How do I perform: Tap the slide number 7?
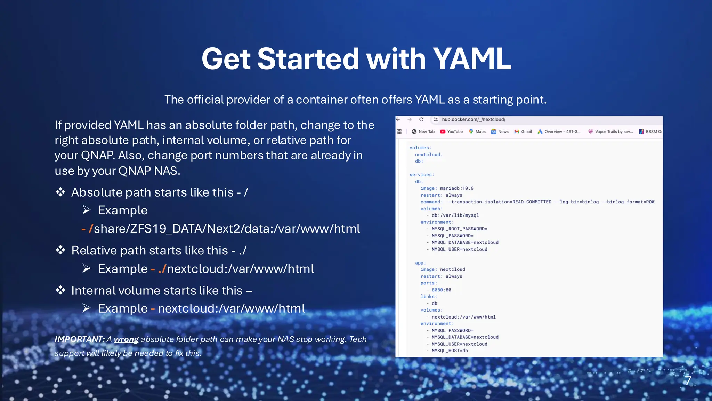pos(688,380)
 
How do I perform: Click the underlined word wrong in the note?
pos(126,339)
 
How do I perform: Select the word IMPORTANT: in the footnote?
pos(80,339)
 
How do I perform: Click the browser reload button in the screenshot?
pos(421,119)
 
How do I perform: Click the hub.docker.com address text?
pos(474,119)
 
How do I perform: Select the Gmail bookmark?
pos(523,132)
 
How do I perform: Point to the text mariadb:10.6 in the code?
pos(456,188)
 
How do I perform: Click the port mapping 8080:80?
pos(441,290)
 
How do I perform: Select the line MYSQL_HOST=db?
pos(450,351)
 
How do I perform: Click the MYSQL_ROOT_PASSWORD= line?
pos(459,229)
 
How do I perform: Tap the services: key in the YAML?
pos(422,175)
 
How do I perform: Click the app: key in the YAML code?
pos(420,263)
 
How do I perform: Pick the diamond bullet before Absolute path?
pos(60,192)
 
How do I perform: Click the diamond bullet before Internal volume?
pos(60,290)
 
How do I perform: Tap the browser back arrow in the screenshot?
pos(398,119)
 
